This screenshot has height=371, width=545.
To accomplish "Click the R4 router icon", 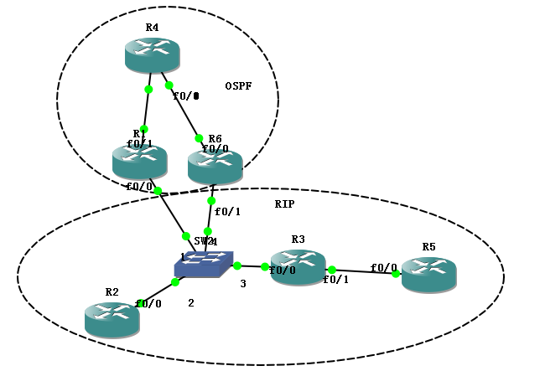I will tap(153, 54).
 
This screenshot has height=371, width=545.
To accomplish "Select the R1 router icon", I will tap(139, 162).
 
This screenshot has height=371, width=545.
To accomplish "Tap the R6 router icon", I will tap(215, 167).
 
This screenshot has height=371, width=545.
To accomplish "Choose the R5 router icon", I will tap(428, 274).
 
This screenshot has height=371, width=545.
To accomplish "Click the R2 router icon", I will tap(112, 319).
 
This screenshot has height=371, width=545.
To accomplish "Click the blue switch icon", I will tap(205, 265).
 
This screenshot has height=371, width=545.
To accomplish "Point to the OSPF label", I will tap(239, 86).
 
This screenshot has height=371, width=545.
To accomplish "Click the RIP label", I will tap(284, 204).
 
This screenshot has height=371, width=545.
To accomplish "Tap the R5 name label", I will tap(428, 247).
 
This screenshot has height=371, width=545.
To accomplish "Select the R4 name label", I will tap(152, 28).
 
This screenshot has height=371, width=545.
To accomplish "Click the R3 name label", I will tap(298, 240).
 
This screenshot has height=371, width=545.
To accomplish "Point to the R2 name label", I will tap(112, 291).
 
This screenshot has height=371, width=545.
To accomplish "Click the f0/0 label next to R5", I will tap(384, 268).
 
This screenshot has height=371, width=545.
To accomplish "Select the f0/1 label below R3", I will tap(336, 281).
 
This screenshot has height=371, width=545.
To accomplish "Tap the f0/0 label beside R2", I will tap(148, 304).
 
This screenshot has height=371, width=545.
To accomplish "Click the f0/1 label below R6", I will tap(227, 212).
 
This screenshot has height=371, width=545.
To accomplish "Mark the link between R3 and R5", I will tap(365, 271).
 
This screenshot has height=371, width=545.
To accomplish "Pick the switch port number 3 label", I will tap(243, 284).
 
